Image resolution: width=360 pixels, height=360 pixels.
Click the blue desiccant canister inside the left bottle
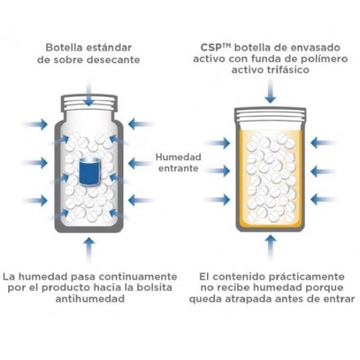pos(88,171)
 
